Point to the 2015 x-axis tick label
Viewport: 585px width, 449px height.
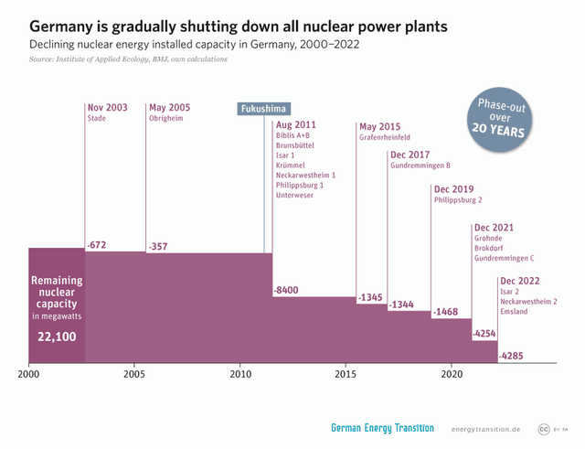pos(346,374)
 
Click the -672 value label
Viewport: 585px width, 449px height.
pos(97,246)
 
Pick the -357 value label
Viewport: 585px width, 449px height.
pos(159,246)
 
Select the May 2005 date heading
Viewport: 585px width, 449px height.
pos(169,106)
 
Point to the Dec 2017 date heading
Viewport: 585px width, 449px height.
pos(409,155)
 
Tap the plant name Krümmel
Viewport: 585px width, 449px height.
pos(291,165)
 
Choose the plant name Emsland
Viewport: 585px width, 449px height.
pos(514,312)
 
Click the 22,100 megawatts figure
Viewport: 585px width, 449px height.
pos(57,337)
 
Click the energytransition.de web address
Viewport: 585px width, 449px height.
pos(485,430)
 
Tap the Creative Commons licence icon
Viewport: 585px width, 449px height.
pos(543,429)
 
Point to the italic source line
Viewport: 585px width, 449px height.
pos(128,59)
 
